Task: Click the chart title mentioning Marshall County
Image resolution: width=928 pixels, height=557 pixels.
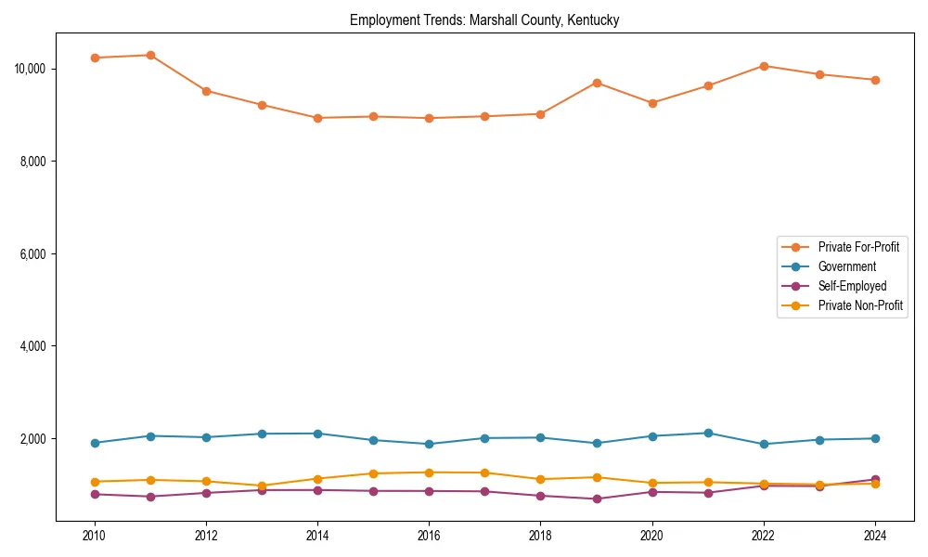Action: tap(484, 19)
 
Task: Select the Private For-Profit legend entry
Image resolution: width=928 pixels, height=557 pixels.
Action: tap(858, 247)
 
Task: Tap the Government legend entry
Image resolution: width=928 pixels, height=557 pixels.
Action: tap(846, 266)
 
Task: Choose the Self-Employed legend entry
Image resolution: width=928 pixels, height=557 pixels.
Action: tap(852, 286)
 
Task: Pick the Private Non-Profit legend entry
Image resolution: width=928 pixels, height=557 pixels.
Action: tap(860, 305)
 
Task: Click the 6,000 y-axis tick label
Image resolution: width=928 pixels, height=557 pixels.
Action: tap(32, 254)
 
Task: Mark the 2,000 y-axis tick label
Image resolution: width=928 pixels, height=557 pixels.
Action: tap(32, 439)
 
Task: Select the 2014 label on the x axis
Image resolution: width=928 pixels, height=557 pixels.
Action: tap(317, 536)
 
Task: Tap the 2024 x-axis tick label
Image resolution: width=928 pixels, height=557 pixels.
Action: tap(874, 536)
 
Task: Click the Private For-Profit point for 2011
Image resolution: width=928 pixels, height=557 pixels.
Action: tap(150, 55)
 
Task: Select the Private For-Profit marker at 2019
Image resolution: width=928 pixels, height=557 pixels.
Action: tap(596, 83)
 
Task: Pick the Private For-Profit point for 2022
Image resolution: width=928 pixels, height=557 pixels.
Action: tap(763, 66)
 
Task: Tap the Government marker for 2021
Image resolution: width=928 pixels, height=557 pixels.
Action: tap(707, 434)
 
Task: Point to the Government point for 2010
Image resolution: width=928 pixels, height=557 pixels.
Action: tap(95, 443)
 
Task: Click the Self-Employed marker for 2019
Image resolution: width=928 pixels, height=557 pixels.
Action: tap(596, 499)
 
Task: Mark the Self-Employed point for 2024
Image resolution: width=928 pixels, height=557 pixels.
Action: tap(874, 480)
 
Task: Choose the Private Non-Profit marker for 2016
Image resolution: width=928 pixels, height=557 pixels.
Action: tap(429, 473)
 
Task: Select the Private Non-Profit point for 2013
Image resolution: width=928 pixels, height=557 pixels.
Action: tap(262, 486)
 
